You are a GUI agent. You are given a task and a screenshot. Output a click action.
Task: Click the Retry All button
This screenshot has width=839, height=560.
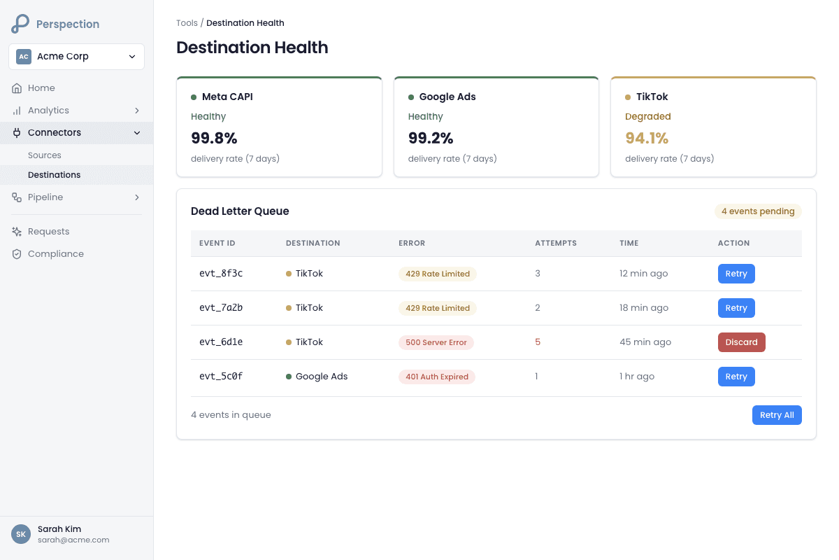point(777,415)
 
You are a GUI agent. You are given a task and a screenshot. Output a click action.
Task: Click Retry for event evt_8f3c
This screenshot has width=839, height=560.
point(736,274)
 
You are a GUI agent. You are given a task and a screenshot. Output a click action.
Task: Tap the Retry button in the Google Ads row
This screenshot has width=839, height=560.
point(736,377)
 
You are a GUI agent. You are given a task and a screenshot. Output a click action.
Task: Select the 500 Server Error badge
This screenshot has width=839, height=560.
point(436,342)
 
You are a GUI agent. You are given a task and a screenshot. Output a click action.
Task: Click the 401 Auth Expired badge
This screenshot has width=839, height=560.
point(437,377)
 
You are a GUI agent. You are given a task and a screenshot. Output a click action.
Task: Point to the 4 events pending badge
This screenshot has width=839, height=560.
point(758,211)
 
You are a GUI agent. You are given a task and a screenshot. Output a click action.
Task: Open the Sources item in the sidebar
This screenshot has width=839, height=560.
point(45,155)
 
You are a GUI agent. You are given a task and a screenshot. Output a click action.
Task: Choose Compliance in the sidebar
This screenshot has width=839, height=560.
point(56,254)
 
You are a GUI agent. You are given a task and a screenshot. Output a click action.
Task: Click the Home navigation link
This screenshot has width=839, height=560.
point(41,88)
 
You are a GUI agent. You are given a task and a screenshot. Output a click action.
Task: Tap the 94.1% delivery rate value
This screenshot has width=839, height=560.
point(647,138)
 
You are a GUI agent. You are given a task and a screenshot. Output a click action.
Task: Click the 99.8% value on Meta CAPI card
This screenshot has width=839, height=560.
point(214,138)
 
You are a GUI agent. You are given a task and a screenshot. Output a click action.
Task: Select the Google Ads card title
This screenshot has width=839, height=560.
point(447,97)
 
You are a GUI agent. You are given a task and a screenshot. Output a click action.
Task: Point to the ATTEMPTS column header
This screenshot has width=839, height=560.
point(556,244)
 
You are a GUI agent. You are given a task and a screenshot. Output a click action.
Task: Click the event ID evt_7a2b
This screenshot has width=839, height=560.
point(221,308)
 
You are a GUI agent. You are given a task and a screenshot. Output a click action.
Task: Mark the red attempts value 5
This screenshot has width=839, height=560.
point(538,342)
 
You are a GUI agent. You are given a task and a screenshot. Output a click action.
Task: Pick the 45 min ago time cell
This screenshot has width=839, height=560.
point(645,342)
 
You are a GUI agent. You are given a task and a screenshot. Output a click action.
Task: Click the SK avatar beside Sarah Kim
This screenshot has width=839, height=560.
point(21,534)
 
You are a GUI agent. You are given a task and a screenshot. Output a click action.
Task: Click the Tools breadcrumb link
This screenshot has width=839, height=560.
point(187,23)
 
